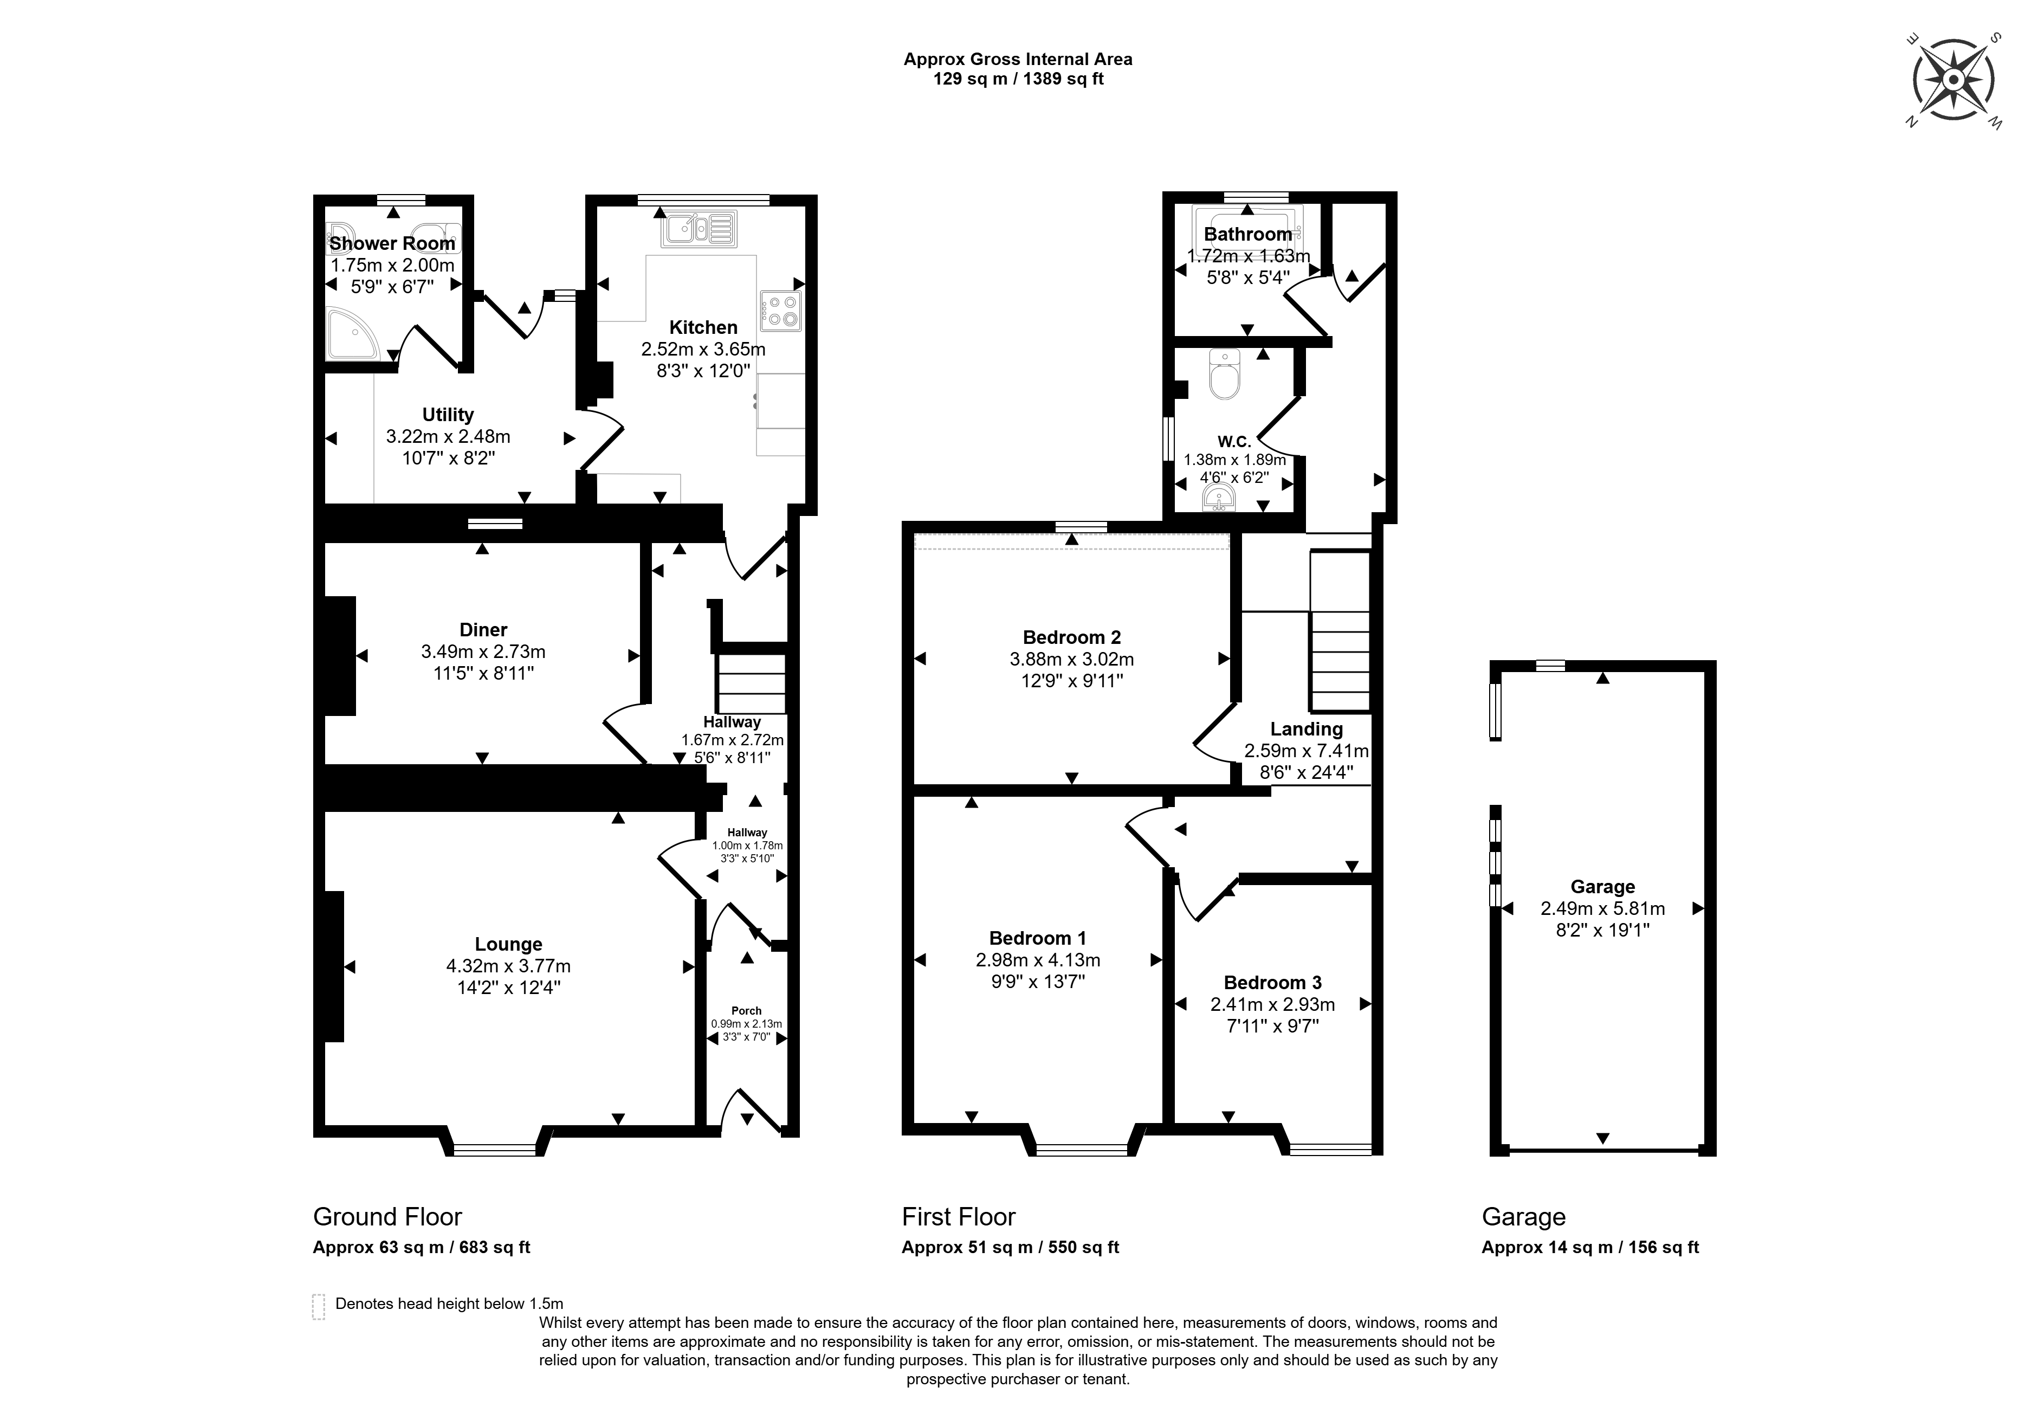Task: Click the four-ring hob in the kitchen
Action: [x=780, y=310]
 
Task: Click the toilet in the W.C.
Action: [x=1225, y=376]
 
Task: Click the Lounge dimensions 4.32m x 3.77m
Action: [x=508, y=966]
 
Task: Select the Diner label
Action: [x=483, y=629]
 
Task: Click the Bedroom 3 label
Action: [x=1272, y=983]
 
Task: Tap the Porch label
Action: [x=746, y=1010]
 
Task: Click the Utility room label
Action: [x=448, y=414]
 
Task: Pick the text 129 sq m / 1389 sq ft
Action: [x=1018, y=79]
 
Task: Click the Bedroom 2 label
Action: [x=1071, y=637]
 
